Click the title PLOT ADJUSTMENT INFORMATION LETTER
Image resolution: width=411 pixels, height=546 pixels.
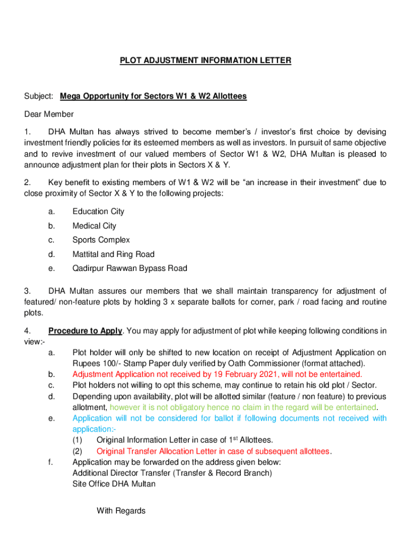pyautogui.click(x=205, y=60)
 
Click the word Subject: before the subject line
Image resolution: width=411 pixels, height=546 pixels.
pyautogui.click(x=38, y=97)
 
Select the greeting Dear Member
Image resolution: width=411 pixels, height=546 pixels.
pyautogui.click(x=49, y=114)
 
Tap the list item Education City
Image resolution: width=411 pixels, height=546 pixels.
pyautogui.click(x=98, y=212)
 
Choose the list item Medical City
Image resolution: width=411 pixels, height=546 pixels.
pyautogui.click(x=94, y=226)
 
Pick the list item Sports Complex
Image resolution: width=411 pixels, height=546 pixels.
pyautogui.click(x=101, y=240)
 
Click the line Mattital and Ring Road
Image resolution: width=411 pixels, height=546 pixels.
pyautogui.click(x=113, y=254)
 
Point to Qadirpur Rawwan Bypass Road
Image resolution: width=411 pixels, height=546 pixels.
pyautogui.click(x=130, y=269)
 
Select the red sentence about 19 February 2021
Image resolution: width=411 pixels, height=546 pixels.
pyautogui.click(x=217, y=374)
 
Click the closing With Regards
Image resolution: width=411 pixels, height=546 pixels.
pyautogui.click(x=121, y=511)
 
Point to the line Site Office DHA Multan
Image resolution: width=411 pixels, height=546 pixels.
pyautogui.click(x=114, y=484)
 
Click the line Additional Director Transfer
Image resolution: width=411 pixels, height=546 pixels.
pyautogui.click(x=172, y=473)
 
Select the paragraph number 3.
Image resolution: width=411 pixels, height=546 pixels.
pyautogui.click(x=27, y=291)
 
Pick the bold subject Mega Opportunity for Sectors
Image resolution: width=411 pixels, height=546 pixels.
pyautogui.click(x=153, y=97)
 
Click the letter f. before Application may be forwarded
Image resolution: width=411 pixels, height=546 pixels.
pyautogui.click(x=51, y=462)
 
